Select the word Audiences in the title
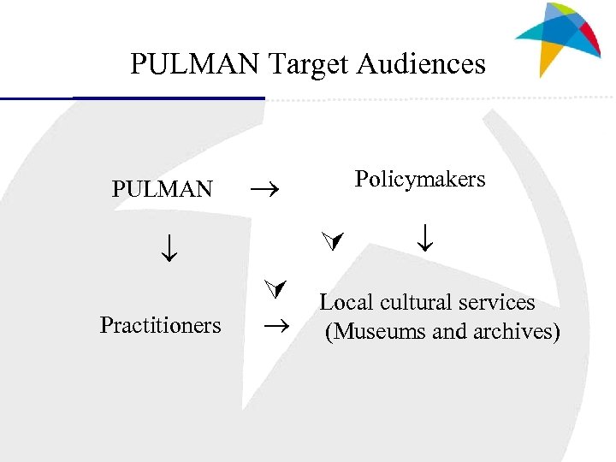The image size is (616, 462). pos(421,64)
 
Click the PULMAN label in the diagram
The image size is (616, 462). pos(163,189)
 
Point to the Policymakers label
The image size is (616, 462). pos(420,179)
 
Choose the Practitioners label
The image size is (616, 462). pos(160,325)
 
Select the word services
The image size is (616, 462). pos(501,302)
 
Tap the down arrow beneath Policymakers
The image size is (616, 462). pos(425,237)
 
